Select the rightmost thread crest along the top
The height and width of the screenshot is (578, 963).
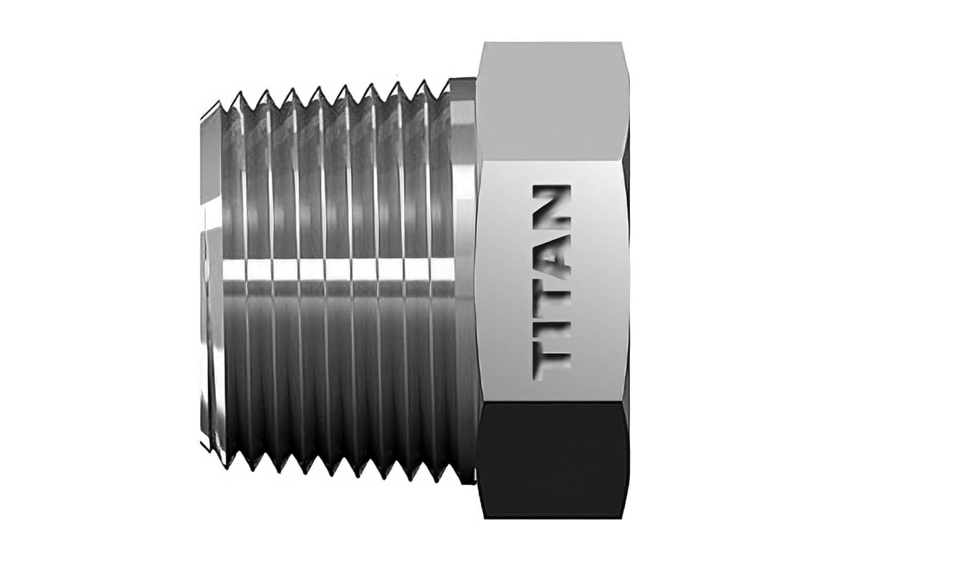tap(446, 84)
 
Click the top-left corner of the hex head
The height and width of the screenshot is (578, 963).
tap(485, 43)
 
